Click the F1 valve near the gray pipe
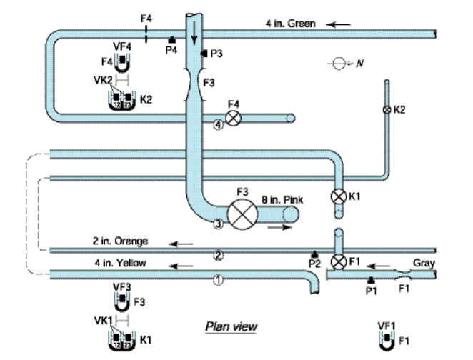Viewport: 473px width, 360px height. [x=341, y=260]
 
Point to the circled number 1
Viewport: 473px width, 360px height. [x=219, y=281]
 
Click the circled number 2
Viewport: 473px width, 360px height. [x=219, y=255]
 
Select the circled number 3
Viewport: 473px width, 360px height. [x=219, y=224]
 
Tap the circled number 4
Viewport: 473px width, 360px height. [x=218, y=124]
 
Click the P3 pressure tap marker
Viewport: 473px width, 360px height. [x=204, y=54]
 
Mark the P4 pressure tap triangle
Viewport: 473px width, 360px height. [x=171, y=41]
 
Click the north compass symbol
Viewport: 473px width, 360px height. [x=337, y=64]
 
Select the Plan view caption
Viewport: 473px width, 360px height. [x=231, y=326]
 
